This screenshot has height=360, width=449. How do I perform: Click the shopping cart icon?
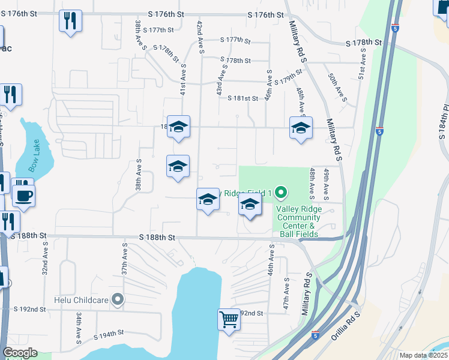tap(229, 319)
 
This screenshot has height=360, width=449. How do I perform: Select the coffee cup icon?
tap(23, 196)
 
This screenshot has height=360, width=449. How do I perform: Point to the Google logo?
tap(20, 353)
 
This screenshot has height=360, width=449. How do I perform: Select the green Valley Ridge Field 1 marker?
tap(281, 193)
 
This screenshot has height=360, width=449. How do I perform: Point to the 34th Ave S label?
tap(79, 328)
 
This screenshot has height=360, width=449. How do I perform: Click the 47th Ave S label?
tap(288, 293)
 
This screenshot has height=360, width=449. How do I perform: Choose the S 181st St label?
tap(242, 98)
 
